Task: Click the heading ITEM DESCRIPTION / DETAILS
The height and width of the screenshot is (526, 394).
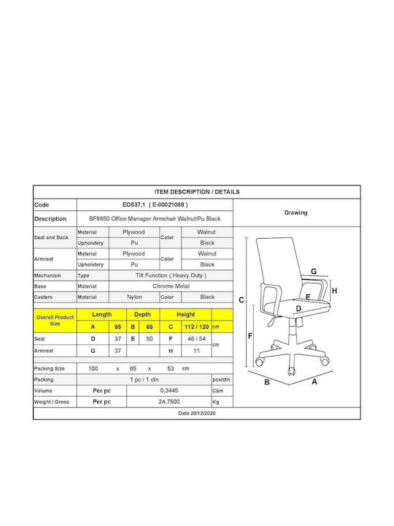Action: (x=197, y=192)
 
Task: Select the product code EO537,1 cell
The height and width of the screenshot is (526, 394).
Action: (x=155, y=205)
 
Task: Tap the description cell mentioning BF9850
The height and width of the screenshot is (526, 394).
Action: (x=155, y=218)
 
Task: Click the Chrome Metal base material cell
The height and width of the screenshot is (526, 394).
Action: (x=171, y=286)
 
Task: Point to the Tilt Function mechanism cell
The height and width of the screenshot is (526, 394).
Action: (x=171, y=275)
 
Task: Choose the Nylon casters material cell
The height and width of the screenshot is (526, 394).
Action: (x=134, y=297)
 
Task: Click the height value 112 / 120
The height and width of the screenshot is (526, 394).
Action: (x=197, y=327)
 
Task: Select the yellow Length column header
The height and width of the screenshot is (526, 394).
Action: (x=102, y=315)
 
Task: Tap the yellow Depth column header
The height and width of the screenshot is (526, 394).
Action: (x=142, y=315)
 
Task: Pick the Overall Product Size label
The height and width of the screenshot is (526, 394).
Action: (x=55, y=321)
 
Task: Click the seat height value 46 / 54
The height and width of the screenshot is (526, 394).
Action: (x=197, y=339)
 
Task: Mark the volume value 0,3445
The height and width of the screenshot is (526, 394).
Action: (x=169, y=390)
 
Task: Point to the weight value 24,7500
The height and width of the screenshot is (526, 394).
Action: (x=169, y=402)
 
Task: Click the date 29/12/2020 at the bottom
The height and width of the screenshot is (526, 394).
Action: (x=197, y=413)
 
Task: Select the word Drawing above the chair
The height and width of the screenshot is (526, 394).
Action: (x=295, y=213)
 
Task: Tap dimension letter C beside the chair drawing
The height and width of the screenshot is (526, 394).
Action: (x=242, y=300)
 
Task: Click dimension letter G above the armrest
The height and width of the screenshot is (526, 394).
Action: (x=314, y=271)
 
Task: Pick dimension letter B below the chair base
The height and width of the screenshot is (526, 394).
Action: (x=267, y=382)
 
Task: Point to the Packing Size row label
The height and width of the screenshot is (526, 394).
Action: (x=50, y=368)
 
